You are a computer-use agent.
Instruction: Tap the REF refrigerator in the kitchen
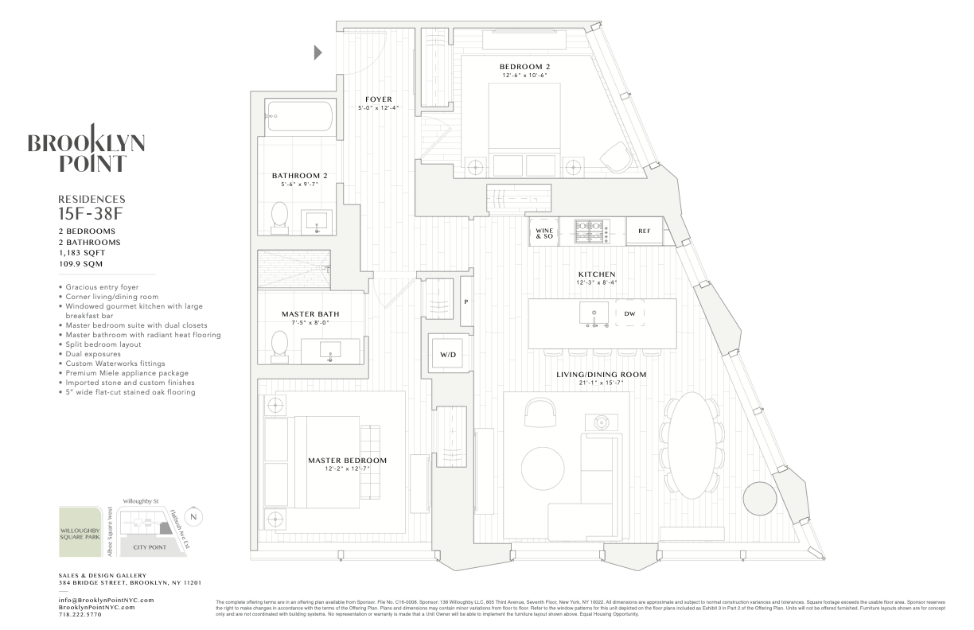pyautogui.click(x=645, y=231)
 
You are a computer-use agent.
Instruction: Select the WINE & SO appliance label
pyautogui.click(x=543, y=231)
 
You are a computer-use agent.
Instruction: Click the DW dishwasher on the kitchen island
pyautogui.click(x=629, y=313)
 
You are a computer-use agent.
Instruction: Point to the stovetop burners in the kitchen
pyautogui.click(x=591, y=231)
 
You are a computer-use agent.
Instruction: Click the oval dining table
pyautogui.click(x=690, y=443)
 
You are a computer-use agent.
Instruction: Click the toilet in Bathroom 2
pyautogui.click(x=279, y=216)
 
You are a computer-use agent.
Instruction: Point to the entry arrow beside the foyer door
pyautogui.click(x=318, y=52)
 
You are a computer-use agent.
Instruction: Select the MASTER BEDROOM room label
pyautogui.click(x=348, y=461)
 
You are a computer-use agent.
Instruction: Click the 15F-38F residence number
pyautogui.click(x=92, y=212)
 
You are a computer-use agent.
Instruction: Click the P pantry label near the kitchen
pyautogui.click(x=466, y=301)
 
